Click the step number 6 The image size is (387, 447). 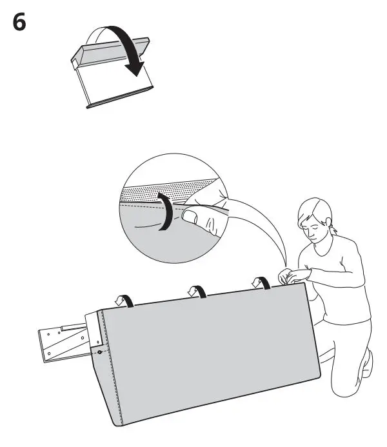click(x=21, y=24)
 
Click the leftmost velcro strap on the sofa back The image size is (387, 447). click(x=128, y=300)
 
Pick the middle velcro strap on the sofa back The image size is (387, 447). click(x=201, y=291)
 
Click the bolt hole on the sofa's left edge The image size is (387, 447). click(x=99, y=352)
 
